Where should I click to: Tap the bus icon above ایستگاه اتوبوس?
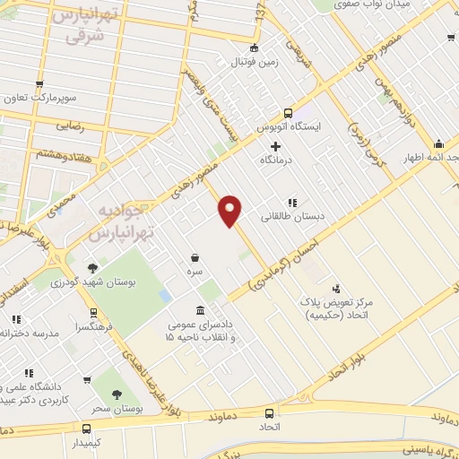point(288,113)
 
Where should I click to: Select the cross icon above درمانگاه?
point(275,146)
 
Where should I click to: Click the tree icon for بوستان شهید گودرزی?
point(91,268)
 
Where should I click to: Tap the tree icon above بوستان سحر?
point(117,394)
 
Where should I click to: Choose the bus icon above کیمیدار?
point(86,428)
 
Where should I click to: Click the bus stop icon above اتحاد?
point(269,413)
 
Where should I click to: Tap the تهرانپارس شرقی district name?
point(82,27)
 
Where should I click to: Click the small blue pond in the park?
point(166,295)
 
